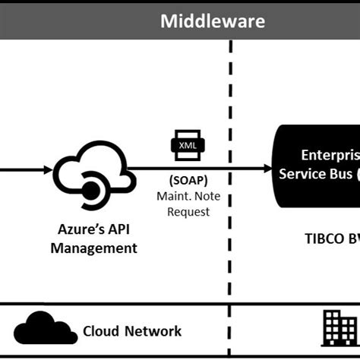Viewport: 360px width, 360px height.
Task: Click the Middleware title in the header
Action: [x=213, y=21]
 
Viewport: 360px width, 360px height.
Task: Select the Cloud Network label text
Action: [x=132, y=330]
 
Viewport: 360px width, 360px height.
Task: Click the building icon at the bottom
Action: [x=339, y=327]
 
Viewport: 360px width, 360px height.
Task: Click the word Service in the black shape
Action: [x=304, y=174]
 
